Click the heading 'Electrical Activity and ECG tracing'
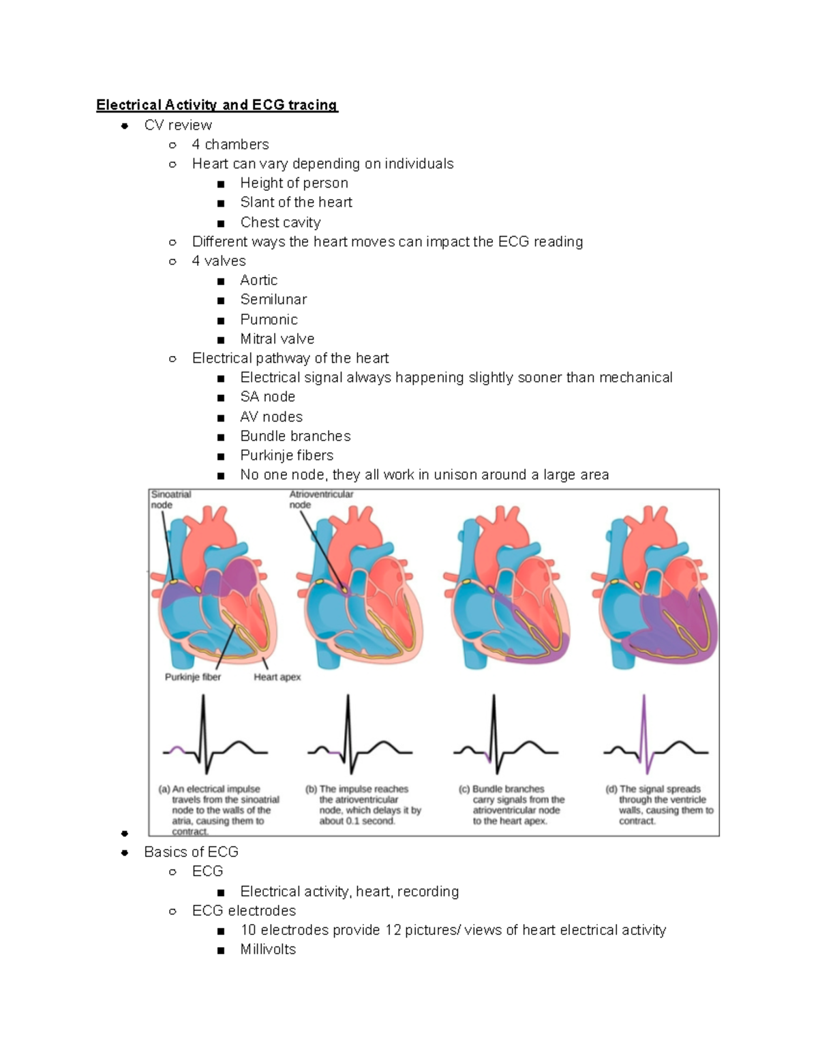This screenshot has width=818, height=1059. click(217, 105)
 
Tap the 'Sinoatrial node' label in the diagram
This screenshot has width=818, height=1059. click(170, 499)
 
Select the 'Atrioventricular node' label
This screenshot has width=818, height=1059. click(321, 499)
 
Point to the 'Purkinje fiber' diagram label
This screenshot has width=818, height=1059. click(193, 677)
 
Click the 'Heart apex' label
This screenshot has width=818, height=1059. click(277, 677)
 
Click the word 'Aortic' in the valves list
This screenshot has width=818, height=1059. click(258, 280)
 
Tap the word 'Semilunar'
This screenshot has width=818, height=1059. click(273, 299)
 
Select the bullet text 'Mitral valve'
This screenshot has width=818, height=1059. click(277, 339)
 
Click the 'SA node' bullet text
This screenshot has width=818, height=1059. click(267, 397)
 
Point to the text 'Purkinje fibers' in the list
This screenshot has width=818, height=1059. click(286, 456)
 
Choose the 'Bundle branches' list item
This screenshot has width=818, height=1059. click(295, 436)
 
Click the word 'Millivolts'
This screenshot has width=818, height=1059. click(268, 949)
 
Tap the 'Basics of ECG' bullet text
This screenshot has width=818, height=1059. click(191, 852)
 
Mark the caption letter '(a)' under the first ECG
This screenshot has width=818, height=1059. click(164, 789)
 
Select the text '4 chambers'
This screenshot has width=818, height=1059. click(230, 145)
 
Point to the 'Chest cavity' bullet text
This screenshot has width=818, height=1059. click(280, 222)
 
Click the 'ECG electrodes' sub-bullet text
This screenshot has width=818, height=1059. click(244, 911)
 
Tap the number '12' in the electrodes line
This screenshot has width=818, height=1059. click(393, 930)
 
